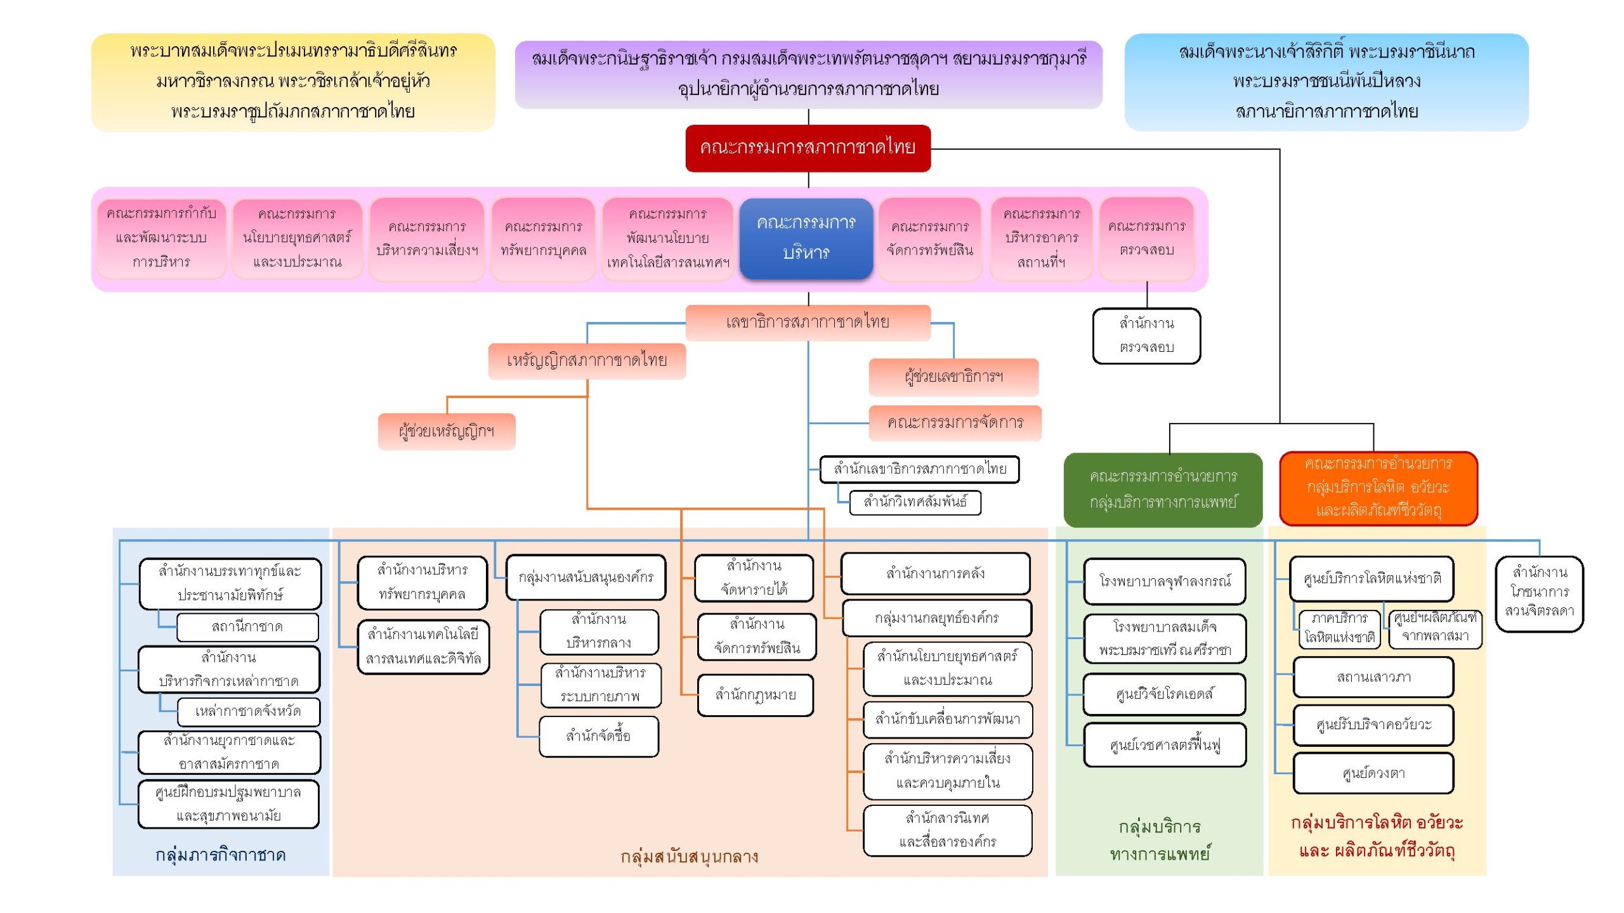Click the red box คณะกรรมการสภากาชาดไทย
click(808, 148)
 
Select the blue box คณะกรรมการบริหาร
click(806, 238)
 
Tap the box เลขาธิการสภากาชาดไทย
click(808, 322)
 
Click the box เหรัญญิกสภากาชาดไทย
click(587, 361)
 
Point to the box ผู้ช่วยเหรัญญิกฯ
click(447, 432)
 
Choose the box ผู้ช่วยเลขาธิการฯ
click(953, 377)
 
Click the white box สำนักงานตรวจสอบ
click(1146, 335)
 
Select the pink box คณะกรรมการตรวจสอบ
click(1146, 238)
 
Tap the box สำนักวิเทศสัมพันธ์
click(915, 502)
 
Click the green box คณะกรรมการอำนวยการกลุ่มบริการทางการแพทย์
click(1163, 489)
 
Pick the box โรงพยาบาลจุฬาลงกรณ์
click(1165, 581)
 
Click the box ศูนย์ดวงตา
click(1373, 774)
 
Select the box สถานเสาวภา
click(1373, 677)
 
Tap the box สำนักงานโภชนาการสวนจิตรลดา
click(1539, 592)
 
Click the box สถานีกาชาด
click(247, 627)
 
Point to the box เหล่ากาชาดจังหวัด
click(248, 711)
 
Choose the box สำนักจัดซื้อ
click(598, 736)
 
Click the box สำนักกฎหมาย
click(755, 695)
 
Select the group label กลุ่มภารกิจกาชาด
click(221, 855)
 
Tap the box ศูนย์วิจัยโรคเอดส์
click(1165, 694)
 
